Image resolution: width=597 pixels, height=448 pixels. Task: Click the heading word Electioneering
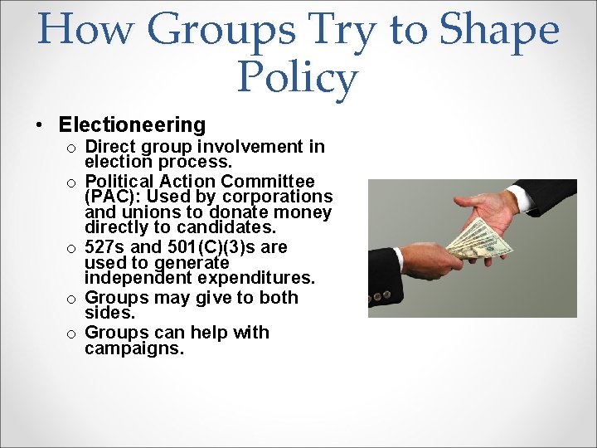click(x=132, y=125)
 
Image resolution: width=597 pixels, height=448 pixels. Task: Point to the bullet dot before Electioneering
click(x=40, y=126)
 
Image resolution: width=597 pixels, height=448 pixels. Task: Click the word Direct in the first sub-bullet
click(x=113, y=147)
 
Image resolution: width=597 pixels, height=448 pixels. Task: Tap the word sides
click(x=108, y=312)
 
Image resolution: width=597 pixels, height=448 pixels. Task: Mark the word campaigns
click(x=133, y=348)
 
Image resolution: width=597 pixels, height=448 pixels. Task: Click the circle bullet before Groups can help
click(x=73, y=334)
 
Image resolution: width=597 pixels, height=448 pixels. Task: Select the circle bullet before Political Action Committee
click(x=73, y=183)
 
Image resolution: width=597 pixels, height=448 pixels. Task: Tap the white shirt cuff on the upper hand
click(x=521, y=197)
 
